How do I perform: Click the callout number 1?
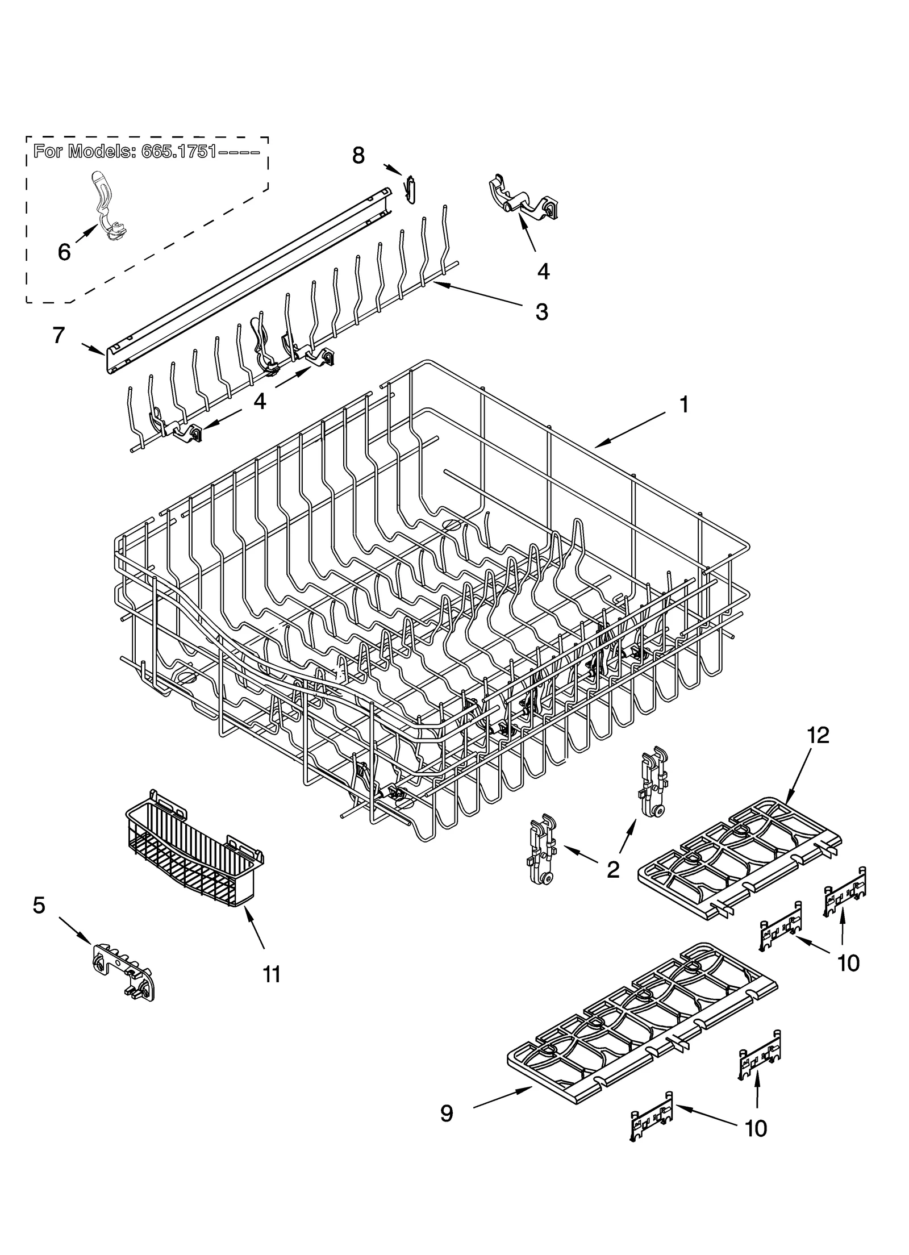(684, 405)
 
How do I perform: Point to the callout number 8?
(358, 155)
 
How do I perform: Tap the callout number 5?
(39, 905)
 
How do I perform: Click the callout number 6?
(64, 252)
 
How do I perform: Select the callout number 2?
(612, 870)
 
